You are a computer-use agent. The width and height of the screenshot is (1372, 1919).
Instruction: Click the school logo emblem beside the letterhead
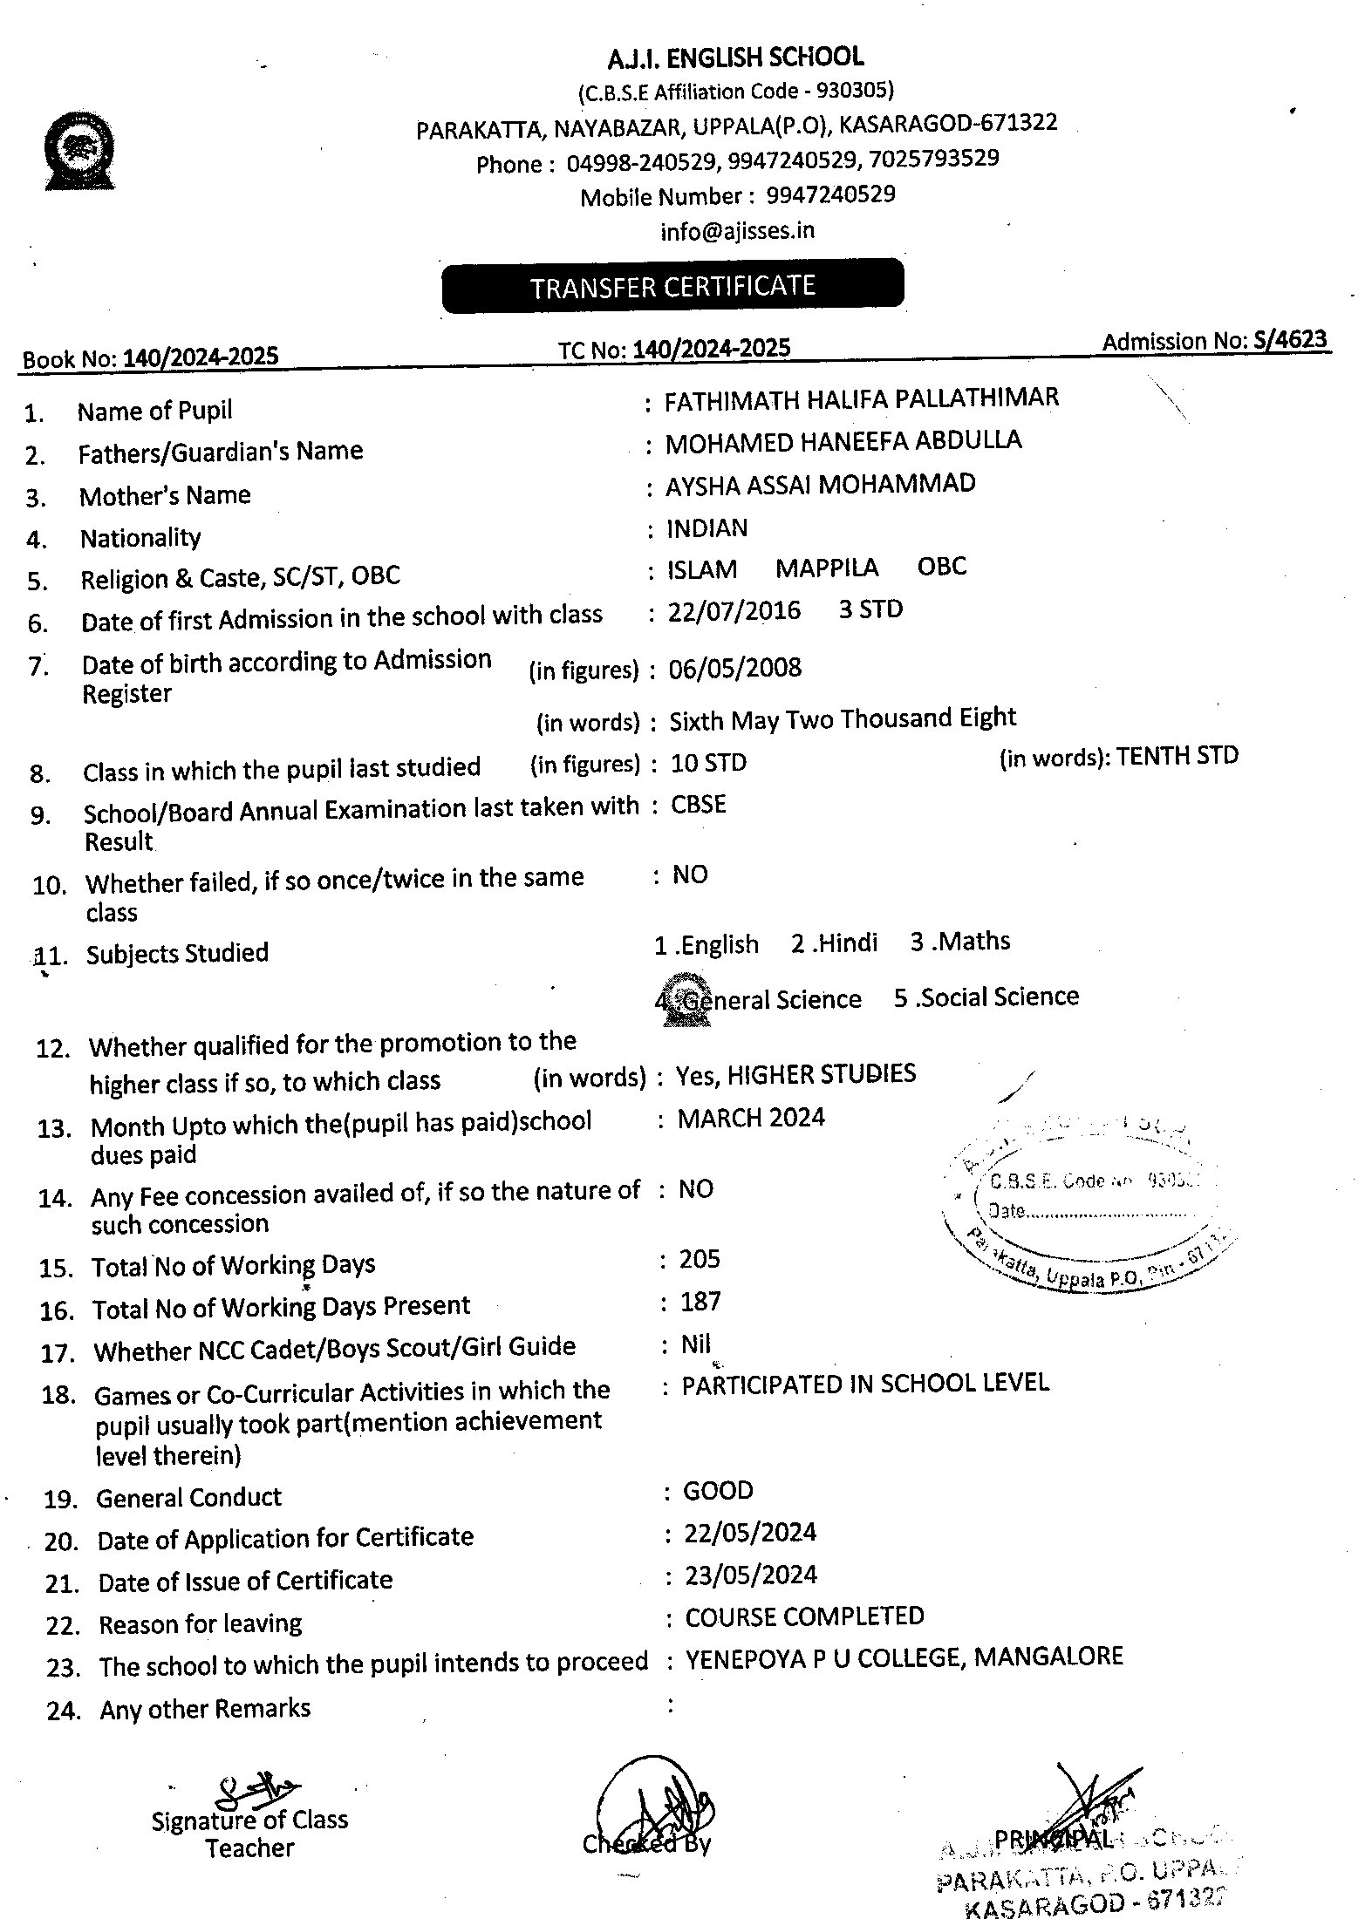pyautogui.click(x=80, y=151)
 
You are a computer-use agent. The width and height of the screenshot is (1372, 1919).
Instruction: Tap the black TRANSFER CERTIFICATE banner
pyautogui.click(x=672, y=286)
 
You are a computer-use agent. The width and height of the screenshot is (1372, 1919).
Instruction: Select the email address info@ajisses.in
pyautogui.click(x=737, y=231)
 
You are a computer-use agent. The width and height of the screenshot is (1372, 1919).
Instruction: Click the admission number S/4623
pyautogui.click(x=1290, y=339)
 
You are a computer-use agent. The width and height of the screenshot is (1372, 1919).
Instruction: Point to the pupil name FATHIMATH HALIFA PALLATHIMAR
pyautogui.click(x=861, y=399)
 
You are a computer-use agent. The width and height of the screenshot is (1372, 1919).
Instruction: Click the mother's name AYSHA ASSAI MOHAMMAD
pyautogui.click(x=820, y=485)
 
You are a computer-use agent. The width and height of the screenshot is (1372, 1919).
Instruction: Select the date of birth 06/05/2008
pyautogui.click(x=734, y=669)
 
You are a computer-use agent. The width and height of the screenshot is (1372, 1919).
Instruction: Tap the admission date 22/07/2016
pyautogui.click(x=734, y=610)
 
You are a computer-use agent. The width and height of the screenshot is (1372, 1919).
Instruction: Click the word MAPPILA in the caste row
pyautogui.click(x=826, y=568)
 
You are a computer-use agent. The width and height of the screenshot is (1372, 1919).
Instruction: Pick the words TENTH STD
pyautogui.click(x=1177, y=756)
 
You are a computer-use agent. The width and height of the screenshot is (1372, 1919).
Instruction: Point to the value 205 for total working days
pyautogui.click(x=700, y=1258)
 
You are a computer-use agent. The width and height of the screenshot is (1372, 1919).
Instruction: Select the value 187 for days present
pyautogui.click(x=700, y=1302)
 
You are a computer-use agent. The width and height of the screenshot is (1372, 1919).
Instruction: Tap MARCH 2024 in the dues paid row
pyautogui.click(x=750, y=1118)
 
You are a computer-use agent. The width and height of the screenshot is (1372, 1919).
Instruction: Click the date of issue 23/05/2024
pyautogui.click(x=750, y=1575)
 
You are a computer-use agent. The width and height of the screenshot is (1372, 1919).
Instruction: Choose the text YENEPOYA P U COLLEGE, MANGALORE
pyautogui.click(x=904, y=1657)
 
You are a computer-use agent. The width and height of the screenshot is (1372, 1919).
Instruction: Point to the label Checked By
pyautogui.click(x=646, y=1843)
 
